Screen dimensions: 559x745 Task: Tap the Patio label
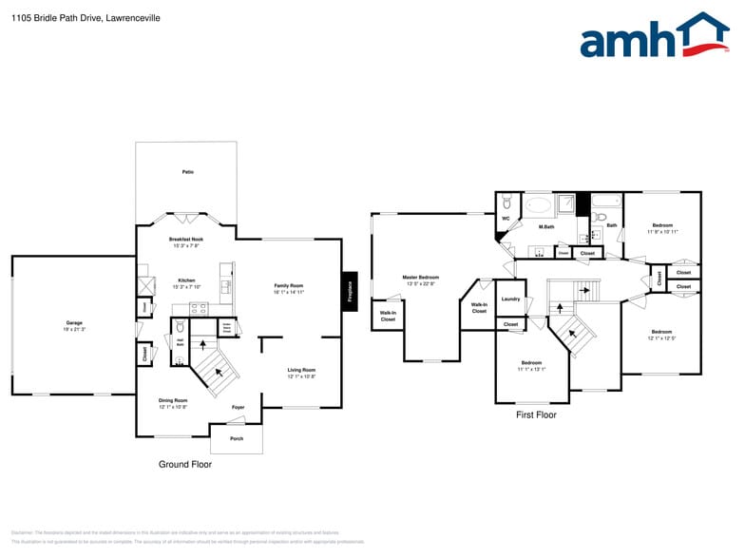(187, 172)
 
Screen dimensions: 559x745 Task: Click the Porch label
(237, 438)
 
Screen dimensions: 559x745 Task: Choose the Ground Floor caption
(184, 465)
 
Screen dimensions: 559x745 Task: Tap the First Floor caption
(536, 415)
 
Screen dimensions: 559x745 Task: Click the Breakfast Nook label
(185, 240)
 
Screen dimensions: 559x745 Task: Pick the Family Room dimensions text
(289, 293)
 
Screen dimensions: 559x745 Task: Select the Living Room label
(301, 370)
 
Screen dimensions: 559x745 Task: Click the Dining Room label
(173, 400)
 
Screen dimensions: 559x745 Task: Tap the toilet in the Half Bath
(180, 328)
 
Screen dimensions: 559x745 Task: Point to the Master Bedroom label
(421, 278)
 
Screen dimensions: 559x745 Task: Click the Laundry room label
(510, 299)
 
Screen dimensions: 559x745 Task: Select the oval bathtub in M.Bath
(538, 204)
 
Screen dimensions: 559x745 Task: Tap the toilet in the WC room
(506, 202)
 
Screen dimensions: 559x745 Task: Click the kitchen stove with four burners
(200, 307)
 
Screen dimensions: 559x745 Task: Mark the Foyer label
(239, 407)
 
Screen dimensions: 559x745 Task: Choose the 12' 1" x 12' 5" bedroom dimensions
(661, 338)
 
